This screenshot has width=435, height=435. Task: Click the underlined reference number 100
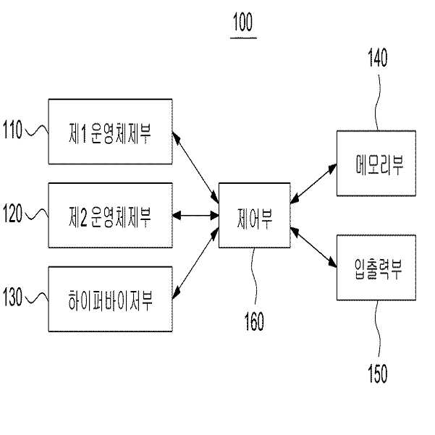click(x=242, y=22)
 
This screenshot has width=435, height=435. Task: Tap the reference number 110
click(x=12, y=130)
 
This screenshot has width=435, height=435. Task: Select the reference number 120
click(x=12, y=213)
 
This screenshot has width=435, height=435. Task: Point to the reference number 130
click(x=12, y=297)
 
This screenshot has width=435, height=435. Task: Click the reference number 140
click(x=378, y=58)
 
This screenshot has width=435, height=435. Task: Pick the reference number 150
click(x=378, y=373)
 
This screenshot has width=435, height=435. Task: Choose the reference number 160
click(x=254, y=321)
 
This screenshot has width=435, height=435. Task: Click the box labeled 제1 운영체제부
click(x=111, y=132)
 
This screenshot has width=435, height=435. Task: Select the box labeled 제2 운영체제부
click(x=111, y=215)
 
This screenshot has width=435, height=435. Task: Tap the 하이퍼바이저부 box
click(x=111, y=299)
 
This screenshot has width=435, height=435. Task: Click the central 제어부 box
click(x=254, y=215)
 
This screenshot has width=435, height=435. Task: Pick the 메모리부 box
click(x=376, y=163)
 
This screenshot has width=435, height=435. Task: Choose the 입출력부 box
click(x=376, y=268)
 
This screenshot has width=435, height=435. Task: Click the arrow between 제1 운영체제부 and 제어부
click(x=195, y=167)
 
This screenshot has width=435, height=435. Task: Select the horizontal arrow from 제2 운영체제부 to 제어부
click(x=195, y=215)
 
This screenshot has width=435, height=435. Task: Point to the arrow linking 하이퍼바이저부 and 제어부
click(x=195, y=263)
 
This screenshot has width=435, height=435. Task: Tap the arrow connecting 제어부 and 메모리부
click(x=313, y=184)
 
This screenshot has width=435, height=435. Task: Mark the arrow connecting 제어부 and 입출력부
click(x=313, y=248)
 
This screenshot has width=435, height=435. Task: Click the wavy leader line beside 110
click(x=37, y=131)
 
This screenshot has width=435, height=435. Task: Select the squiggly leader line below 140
click(x=378, y=103)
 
